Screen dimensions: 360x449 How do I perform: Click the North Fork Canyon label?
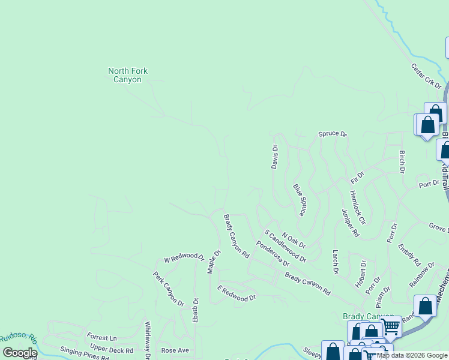(127, 75)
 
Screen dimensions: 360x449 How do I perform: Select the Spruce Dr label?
(333, 134)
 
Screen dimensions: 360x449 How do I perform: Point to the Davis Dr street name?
(275, 157)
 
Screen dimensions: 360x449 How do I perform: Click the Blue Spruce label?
(299, 200)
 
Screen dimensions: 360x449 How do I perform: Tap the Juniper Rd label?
(350, 223)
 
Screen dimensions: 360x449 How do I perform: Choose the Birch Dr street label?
(402, 162)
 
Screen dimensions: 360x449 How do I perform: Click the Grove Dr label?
(438, 228)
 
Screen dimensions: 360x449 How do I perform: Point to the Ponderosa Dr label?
(273, 254)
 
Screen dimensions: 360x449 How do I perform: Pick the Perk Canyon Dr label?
(168, 289)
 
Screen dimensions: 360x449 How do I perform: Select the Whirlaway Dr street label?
(147, 340)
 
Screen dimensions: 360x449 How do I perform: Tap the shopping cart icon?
(391, 327)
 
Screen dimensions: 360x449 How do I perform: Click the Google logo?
(19, 352)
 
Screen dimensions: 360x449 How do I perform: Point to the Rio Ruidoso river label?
(17, 341)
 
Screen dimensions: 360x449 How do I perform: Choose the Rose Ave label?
(175, 350)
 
